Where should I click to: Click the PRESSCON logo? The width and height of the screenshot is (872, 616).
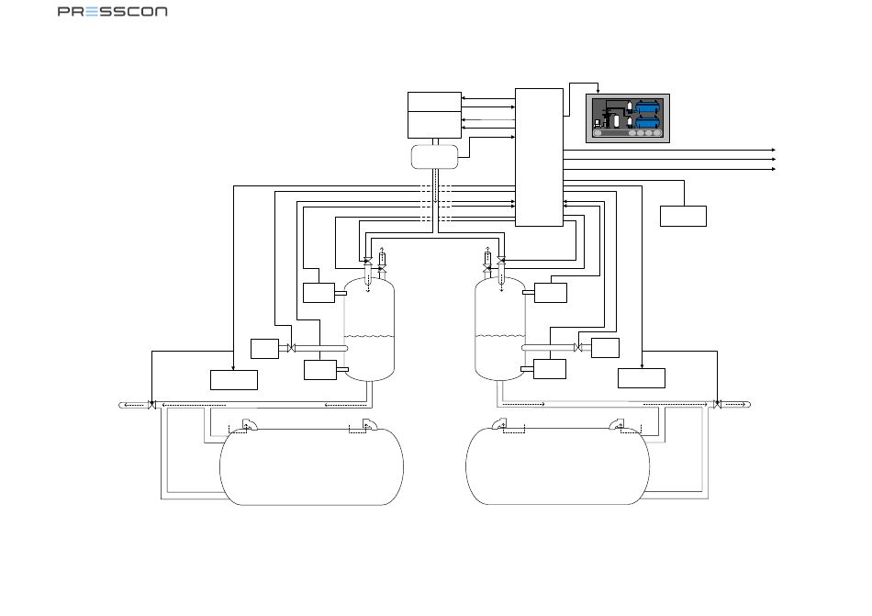[112, 11]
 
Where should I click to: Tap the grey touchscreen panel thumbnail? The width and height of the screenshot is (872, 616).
[627, 118]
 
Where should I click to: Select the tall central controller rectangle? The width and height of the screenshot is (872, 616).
[539, 157]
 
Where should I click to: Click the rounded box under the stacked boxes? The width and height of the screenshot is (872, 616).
[434, 157]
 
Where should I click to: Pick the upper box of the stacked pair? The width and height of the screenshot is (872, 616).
[434, 102]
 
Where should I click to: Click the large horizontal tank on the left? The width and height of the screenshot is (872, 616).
[311, 467]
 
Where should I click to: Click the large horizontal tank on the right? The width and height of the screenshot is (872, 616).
[557, 465]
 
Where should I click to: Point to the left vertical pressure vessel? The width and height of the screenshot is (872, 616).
[369, 330]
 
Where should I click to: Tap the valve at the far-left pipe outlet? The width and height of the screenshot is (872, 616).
[151, 405]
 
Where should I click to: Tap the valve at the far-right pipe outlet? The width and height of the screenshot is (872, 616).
[718, 404]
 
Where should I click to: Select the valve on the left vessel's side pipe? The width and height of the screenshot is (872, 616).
[290, 348]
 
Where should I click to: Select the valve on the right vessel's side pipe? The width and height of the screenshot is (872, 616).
[578, 347]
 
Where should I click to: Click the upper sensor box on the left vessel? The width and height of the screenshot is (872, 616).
[319, 293]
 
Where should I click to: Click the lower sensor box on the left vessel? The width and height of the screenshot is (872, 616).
[320, 370]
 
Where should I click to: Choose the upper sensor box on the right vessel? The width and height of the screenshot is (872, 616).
[551, 293]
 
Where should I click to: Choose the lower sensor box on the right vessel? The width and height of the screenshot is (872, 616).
[550, 369]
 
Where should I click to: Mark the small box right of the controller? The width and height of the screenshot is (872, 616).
[684, 217]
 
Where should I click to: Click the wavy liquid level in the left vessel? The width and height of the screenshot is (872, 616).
[369, 336]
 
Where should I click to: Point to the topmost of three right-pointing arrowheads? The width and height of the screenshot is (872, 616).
[774, 151]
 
